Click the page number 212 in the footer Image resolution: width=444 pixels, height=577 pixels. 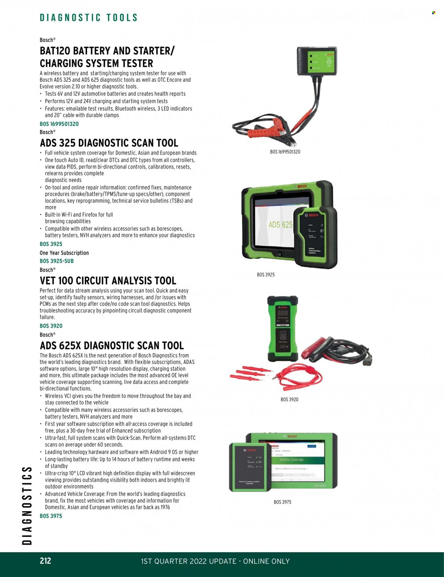[45, 561]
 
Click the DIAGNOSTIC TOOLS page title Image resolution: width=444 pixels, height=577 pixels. [88, 18]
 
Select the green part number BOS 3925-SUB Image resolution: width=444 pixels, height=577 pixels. [57, 261]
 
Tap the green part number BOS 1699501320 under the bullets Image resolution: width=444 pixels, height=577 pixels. [59, 124]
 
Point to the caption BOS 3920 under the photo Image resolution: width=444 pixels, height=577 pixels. [289, 400]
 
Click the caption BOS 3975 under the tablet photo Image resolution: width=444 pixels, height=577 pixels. [282, 502]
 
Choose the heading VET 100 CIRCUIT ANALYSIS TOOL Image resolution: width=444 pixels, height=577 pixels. [108, 281]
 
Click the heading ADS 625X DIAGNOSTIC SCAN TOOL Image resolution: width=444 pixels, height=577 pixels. [112, 346]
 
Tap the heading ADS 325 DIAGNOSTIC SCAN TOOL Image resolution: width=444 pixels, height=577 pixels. [109, 143]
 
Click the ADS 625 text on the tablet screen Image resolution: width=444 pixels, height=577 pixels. [280, 225]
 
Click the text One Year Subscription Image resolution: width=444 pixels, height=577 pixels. [64, 253]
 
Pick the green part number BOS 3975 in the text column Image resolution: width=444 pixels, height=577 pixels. [51, 516]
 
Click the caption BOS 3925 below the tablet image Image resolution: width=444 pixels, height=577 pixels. [266, 275]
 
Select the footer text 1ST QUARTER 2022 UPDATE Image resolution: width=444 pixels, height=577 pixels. [189, 561]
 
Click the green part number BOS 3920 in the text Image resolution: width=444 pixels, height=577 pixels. [51, 326]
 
